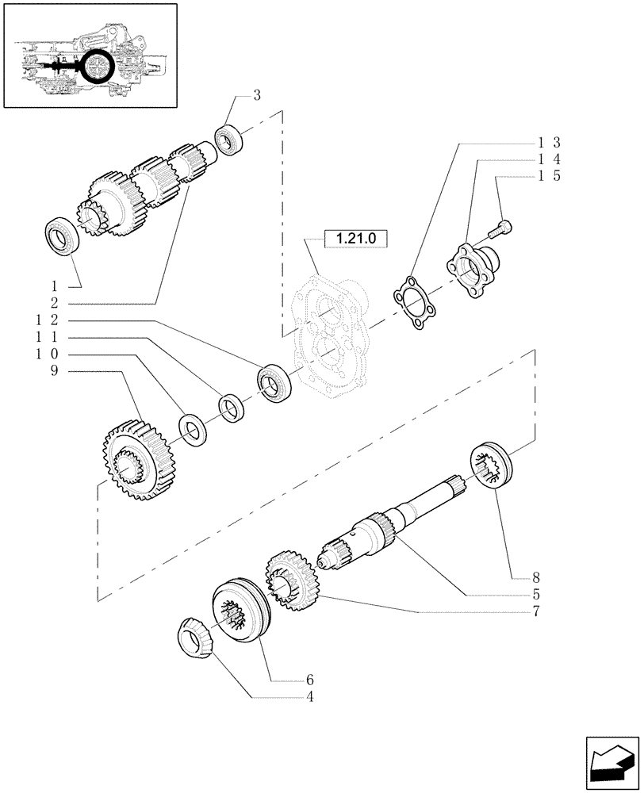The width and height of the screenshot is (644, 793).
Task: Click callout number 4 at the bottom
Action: pyautogui.click(x=310, y=698)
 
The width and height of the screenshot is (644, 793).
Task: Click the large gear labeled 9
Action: pyautogui.click(x=128, y=459)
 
